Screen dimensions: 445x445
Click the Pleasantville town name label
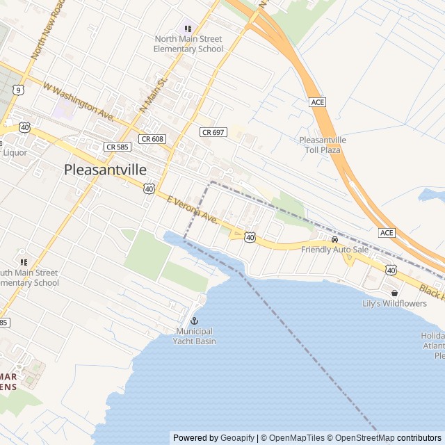105,169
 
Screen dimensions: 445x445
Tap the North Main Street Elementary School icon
188,29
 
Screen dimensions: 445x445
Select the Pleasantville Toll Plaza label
322,145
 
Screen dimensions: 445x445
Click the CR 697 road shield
213,132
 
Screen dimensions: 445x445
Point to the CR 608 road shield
152,139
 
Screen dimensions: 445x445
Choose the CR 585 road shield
118,147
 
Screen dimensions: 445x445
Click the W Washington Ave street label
78,100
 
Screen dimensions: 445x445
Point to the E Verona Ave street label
193,209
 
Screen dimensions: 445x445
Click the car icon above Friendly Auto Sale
334,239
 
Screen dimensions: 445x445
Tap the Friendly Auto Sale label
334,249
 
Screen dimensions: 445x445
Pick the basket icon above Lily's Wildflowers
394,293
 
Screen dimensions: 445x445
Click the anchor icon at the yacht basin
195,321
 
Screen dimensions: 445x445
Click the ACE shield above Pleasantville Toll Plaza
318,102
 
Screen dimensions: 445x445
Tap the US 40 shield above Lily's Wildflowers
391,270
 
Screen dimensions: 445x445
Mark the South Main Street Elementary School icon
23,262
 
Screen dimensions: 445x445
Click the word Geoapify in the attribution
237,438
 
